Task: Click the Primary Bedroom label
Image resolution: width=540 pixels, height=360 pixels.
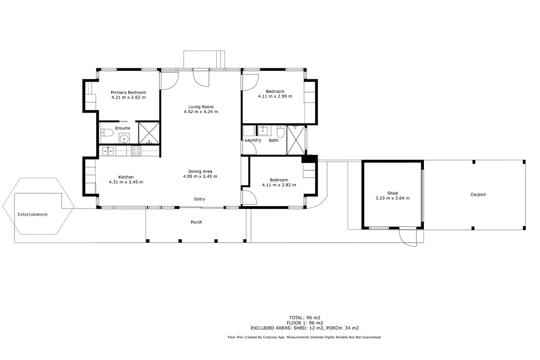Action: [128, 92]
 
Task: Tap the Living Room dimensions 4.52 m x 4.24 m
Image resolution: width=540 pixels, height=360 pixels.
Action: [201, 112]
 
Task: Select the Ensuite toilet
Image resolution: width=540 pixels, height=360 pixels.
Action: [107, 132]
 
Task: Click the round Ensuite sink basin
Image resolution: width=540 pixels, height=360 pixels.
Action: [124, 139]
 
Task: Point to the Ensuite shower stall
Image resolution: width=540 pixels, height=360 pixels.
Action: [149, 133]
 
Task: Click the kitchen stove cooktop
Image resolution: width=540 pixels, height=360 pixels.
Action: [136, 151]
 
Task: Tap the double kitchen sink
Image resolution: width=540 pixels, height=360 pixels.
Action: [108, 151]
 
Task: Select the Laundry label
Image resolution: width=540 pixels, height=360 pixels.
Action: [253, 140]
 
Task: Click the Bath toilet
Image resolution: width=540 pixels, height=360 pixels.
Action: [280, 131]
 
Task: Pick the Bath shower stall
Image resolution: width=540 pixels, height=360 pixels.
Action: [296, 140]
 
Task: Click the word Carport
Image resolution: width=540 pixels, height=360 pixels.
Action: [478, 194]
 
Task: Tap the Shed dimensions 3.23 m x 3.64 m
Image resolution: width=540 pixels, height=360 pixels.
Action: [392, 198]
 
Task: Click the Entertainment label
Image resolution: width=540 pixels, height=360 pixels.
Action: [32, 214]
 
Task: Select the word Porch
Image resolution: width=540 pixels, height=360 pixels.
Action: [196, 222]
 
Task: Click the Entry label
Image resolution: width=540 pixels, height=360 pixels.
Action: [200, 199]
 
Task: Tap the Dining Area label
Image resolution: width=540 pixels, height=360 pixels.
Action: [200, 171]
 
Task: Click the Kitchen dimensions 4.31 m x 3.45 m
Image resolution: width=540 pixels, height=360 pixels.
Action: [126, 182]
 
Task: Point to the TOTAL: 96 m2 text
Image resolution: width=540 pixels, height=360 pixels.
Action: [305, 318]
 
